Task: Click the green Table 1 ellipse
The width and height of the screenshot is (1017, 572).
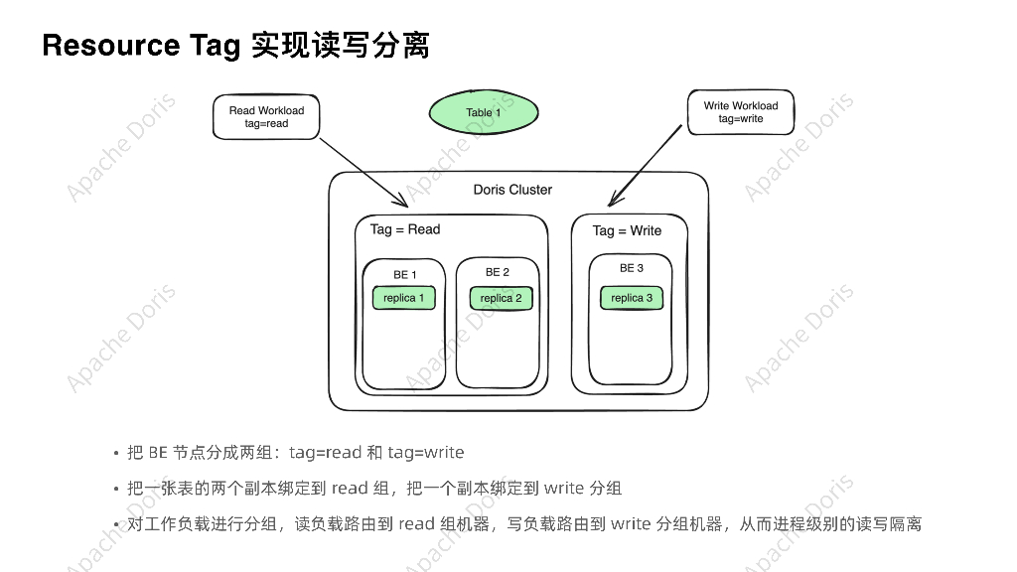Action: pyautogui.click(x=484, y=111)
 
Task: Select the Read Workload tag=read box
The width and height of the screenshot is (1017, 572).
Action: pyautogui.click(x=266, y=117)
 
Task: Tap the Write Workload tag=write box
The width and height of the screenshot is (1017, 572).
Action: pyautogui.click(x=740, y=112)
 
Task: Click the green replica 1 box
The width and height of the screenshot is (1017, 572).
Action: pyautogui.click(x=403, y=298)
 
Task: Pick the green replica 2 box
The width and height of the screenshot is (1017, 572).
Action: pyautogui.click(x=501, y=298)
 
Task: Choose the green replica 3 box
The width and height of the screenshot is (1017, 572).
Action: pyautogui.click(x=632, y=298)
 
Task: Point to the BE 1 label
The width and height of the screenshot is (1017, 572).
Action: pyautogui.click(x=405, y=275)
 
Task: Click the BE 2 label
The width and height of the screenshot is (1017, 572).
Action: pyautogui.click(x=498, y=272)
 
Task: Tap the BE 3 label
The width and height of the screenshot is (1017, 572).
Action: pyautogui.click(x=632, y=268)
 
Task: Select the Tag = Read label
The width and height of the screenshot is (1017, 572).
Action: pyautogui.click(x=405, y=229)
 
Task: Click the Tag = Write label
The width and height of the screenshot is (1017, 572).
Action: pyautogui.click(x=627, y=230)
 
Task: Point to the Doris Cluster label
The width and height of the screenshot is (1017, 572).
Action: pyautogui.click(x=512, y=190)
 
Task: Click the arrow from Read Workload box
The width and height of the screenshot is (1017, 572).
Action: pyautogui.click(x=363, y=172)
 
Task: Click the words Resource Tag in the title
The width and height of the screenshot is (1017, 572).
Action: pyautogui.click(x=140, y=46)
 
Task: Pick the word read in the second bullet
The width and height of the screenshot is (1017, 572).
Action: pyautogui.click(x=350, y=489)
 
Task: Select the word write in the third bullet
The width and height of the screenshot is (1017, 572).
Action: pyautogui.click(x=631, y=524)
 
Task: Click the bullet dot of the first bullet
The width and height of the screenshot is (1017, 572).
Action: pyautogui.click(x=116, y=454)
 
